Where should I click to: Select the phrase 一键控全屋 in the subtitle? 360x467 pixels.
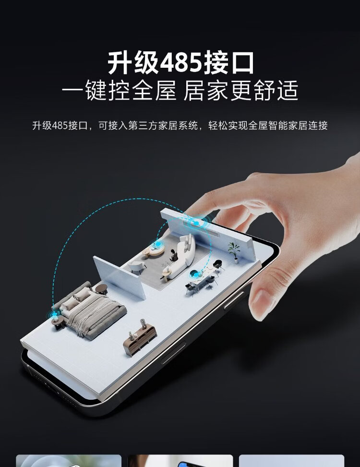(120, 90)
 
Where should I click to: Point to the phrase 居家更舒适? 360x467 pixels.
(240, 90)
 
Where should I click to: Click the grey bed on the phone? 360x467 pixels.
(89, 310)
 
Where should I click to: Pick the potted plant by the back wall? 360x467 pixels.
(234, 252)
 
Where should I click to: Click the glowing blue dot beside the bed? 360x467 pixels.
(55, 314)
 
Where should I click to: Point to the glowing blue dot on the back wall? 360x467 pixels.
(197, 223)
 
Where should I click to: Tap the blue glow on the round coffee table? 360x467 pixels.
(158, 244)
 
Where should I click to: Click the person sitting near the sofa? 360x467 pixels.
(173, 256)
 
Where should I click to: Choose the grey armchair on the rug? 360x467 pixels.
(137, 267)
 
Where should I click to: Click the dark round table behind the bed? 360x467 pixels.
(101, 288)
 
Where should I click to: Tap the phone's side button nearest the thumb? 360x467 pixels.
(234, 301)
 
